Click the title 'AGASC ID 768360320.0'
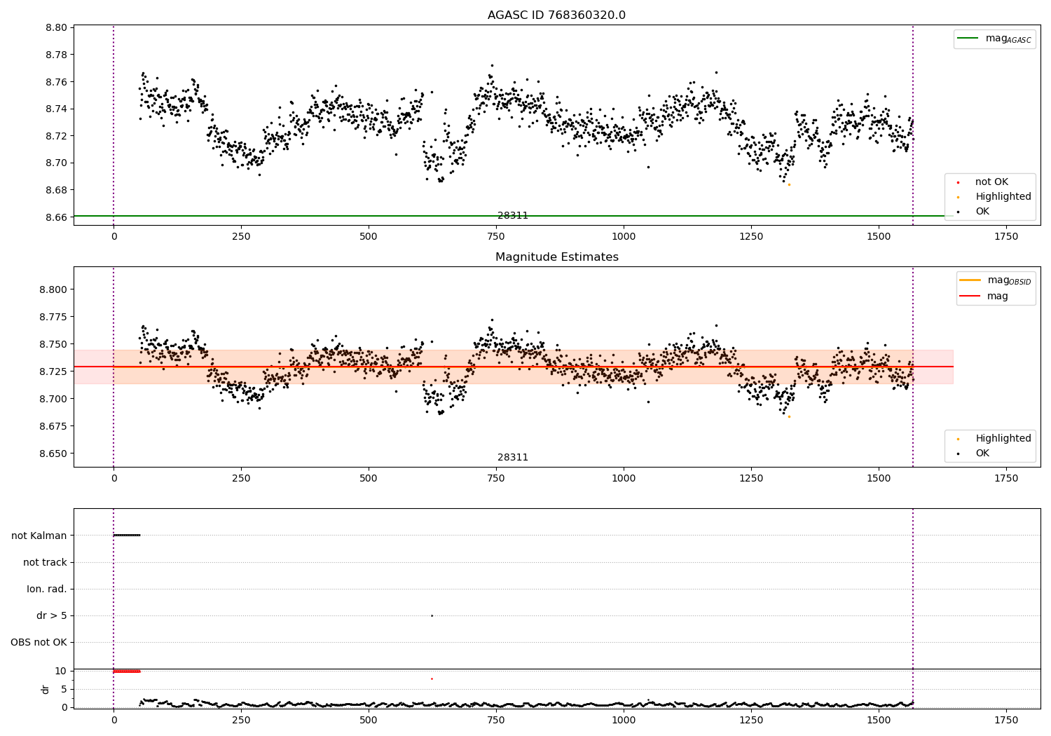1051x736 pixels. (556, 15)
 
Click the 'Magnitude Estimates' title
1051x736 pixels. (556, 257)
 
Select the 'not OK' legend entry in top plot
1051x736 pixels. (991, 182)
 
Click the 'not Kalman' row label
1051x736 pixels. (39, 536)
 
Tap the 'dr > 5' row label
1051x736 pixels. (52, 616)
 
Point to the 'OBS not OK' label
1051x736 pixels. (39, 643)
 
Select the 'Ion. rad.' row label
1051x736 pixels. (47, 590)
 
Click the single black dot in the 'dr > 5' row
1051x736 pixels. (432, 616)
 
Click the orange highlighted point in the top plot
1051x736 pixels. (789, 184)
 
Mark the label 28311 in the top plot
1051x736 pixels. (513, 216)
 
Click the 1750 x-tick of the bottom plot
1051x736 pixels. (1006, 720)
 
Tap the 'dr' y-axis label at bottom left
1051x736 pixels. (46, 689)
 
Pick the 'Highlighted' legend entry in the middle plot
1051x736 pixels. (1003, 439)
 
